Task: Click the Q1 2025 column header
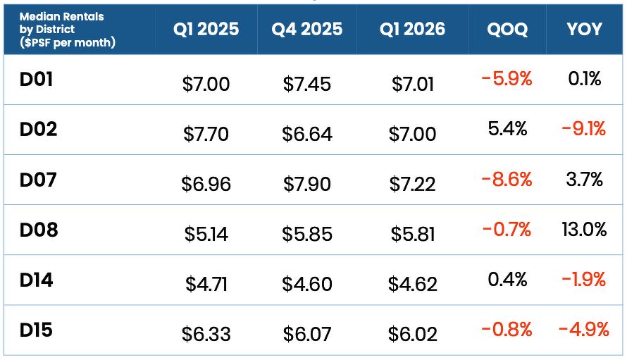point(206,29)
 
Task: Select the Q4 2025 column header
point(306,29)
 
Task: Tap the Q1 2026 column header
point(412,29)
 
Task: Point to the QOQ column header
point(507,30)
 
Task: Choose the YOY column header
point(584,29)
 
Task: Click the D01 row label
point(36,79)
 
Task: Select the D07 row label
point(38,180)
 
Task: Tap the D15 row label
point(36,330)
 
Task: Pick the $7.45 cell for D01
point(306,84)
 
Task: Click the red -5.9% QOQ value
point(507,79)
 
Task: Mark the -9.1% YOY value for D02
point(584,129)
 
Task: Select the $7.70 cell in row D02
point(206,134)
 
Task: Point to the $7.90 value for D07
point(306,184)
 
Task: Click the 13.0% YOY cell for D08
point(584,230)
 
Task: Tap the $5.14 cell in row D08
point(206,234)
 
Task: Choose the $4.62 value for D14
point(412,284)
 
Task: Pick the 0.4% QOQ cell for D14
point(507,279)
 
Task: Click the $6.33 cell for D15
point(206,334)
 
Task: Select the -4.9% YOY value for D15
point(584,330)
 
